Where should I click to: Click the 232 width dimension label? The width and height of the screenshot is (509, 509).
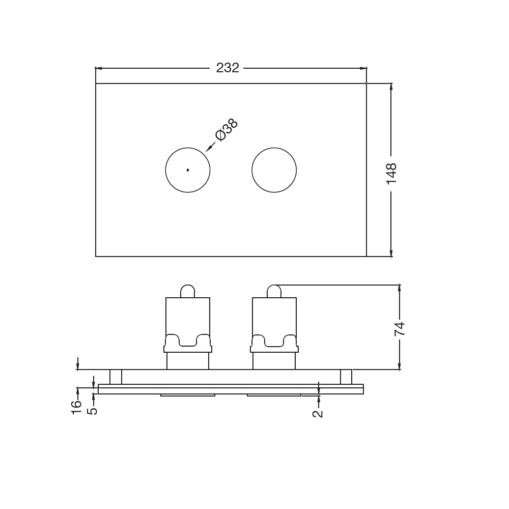pyautogui.click(x=228, y=68)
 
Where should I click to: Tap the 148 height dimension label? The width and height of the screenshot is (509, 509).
pyautogui.click(x=391, y=174)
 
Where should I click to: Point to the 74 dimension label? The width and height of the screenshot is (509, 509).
pyautogui.click(x=400, y=328)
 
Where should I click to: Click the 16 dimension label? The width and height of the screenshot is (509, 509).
pyautogui.click(x=76, y=407)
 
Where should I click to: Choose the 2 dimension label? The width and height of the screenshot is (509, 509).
pyautogui.click(x=318, y=413)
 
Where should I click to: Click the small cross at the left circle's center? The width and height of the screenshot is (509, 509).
pyautogui.click(x=188, y=170)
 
